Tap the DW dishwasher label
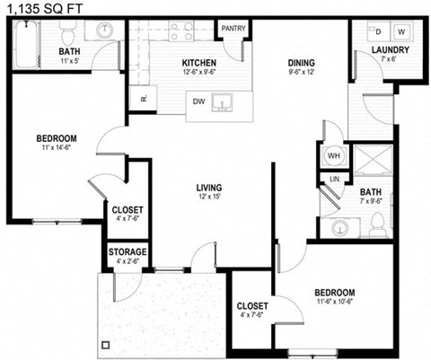click(198, 101)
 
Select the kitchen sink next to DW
click(228, 100)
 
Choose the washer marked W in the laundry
click(400, 31)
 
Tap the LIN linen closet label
click(334, 180)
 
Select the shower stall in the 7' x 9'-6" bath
click(370, 161)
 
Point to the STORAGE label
click(128, 251)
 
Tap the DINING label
click(301, 62)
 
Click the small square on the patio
click(105, 344)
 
